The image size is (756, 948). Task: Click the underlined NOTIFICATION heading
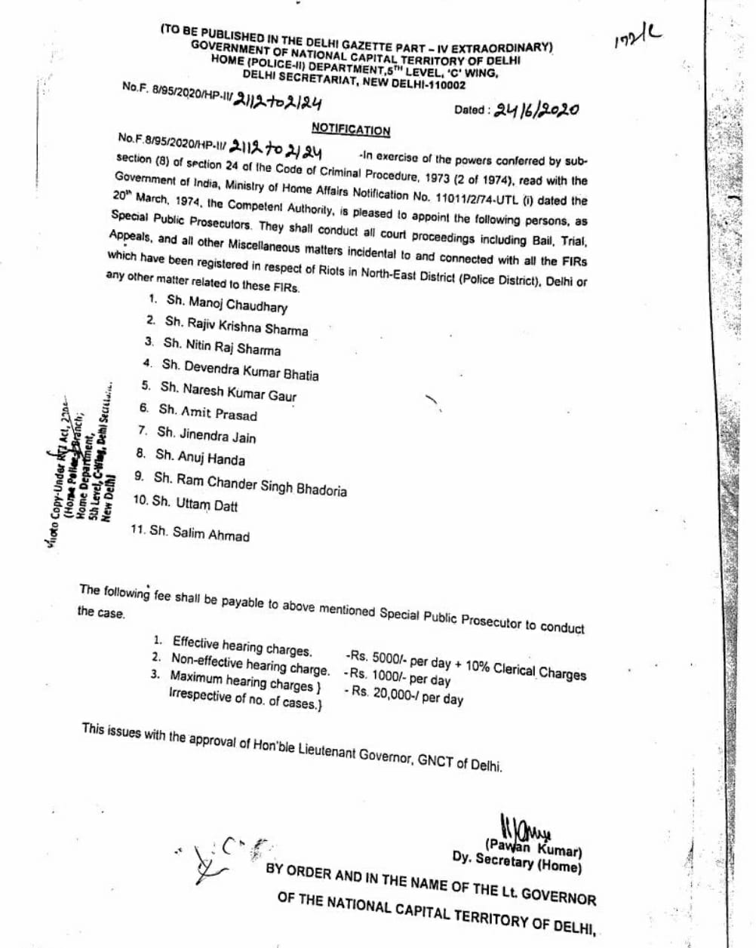351,130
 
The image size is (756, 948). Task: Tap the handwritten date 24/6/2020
536,110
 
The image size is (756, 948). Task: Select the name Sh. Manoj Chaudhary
226,304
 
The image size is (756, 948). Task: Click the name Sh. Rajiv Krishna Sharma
236,327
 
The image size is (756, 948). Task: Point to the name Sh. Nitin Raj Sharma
222,347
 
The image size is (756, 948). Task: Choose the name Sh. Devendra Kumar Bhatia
240,370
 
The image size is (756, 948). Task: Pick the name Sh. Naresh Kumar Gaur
228,391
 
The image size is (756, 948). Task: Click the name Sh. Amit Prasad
207,413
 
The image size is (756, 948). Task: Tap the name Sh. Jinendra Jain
206,435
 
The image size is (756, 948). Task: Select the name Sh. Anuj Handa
200,457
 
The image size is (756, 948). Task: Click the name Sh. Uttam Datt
195,503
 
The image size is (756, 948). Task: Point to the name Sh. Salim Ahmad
199,533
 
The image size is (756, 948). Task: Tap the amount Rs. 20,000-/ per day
406,695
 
